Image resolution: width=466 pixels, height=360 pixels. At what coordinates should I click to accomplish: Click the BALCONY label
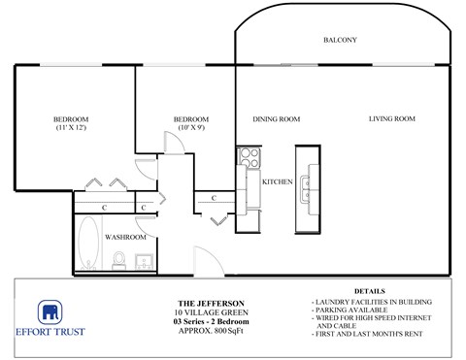coord(341,40)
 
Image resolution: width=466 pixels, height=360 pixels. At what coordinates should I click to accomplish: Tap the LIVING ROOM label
coord(391,119)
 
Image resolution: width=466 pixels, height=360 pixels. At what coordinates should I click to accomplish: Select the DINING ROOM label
coord(277,119)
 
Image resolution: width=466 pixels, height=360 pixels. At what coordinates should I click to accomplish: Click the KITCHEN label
coord(278,181)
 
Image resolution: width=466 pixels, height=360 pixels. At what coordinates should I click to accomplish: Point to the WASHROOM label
coord(126,237)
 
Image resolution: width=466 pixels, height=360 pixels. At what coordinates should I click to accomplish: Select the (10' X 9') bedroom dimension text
coord(190,129)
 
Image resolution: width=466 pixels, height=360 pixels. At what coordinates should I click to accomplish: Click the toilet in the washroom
coord(119,260)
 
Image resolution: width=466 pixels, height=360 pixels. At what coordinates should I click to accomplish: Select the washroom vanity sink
coord(144,260)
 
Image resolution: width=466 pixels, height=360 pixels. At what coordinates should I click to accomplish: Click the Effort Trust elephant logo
coord(50,312)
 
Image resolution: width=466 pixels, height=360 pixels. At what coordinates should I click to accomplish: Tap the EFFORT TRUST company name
coord(50,332)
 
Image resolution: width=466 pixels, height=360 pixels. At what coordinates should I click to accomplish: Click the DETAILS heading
coord(369,290)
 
